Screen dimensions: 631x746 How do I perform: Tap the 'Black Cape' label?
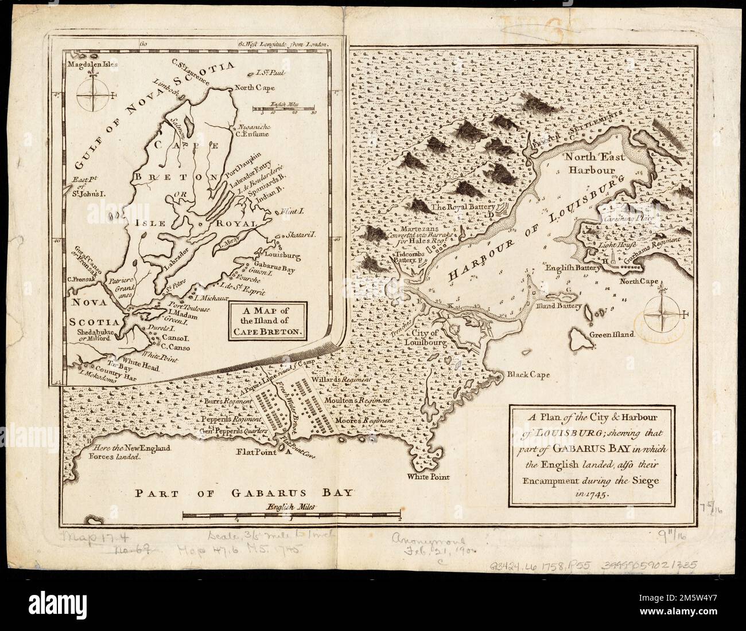click(x=527, y=375)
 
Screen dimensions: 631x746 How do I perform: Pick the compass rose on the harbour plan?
click(x=662, y=314)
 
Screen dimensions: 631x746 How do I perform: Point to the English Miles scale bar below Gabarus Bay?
click(x=290, y=515)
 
